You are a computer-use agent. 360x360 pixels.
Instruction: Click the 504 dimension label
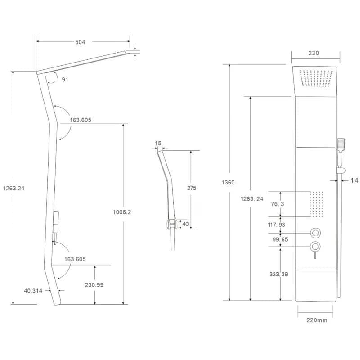(80, 42)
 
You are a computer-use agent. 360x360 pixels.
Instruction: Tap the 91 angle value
(65, 80)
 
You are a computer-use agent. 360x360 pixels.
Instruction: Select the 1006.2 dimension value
(122, 212)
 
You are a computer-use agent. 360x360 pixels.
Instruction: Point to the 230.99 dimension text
(94, 285)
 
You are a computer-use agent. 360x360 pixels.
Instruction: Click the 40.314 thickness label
(33, 291)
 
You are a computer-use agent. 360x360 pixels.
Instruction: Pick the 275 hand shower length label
(192, 188)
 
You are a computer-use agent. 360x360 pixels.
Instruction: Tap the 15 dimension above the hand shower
(158, 143)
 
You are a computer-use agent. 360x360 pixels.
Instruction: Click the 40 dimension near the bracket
(185, 224)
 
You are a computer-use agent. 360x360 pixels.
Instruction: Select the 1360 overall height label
(228, 183)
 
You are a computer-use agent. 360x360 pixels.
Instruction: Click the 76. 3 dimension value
(277, 204)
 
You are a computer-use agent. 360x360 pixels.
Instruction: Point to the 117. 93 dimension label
(276, 225)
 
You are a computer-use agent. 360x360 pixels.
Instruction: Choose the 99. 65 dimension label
(280, 239)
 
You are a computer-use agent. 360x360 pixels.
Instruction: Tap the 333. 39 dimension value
(279, 274)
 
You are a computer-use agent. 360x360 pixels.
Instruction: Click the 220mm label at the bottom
(317, 320)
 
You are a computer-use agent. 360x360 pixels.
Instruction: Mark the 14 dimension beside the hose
(354, 180)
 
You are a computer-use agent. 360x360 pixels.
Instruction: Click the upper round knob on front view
(315, 233)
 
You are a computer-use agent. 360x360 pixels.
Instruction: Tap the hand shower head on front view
(341, 144)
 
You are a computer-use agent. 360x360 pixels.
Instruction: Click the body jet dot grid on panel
(316, 204)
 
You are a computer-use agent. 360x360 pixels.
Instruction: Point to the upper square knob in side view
(56, 216)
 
